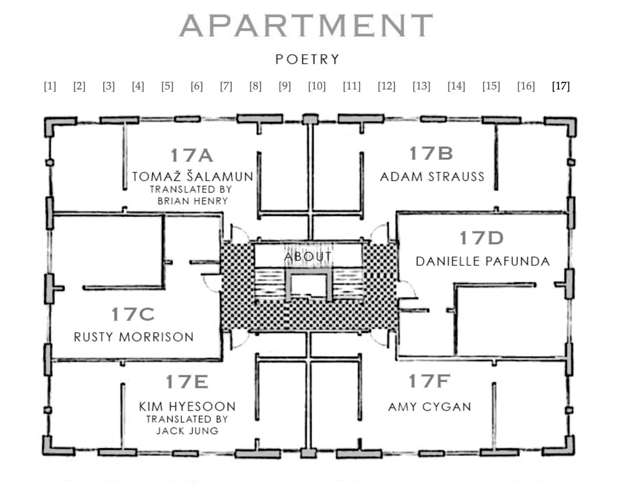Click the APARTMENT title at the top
pyautogui.click(x=306, y=26)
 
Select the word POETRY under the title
pyautogui.click(x=307, y=59)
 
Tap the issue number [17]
pyautogui.click(x=561, y=86)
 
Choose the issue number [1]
pyautogui.click(x=49, y=86)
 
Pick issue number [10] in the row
pyautogui.click(x=317, y=86)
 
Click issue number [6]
pyautogui.click(x=197, y=86)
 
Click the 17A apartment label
pyautogui.click(x=192, y=155)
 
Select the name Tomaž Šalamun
pyautogui.click(x=193, y=176)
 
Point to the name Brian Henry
pyautogui.click(x=193, y=201)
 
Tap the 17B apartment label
pyautogui.click(x=431, y=153)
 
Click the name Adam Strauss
pyautogui.click(x=432, y=176)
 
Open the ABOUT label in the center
pyautogui.click(x=308, y=257)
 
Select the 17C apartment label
pyautogui.click(x=133, y=314)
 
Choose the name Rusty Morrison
pyautogui.click(x=133, y=337)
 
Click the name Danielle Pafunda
pyautogui.click(x=482, y=261)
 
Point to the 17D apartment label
pyautogui.click(x=481, y=238)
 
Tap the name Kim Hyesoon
pyautogui.click(x=187, y=406)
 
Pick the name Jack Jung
pyautogui.click(x=187, y=431)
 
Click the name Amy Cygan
pyautogui.click(x=429, y=407)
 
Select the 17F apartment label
pyautogui.click(x=429, y=381)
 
